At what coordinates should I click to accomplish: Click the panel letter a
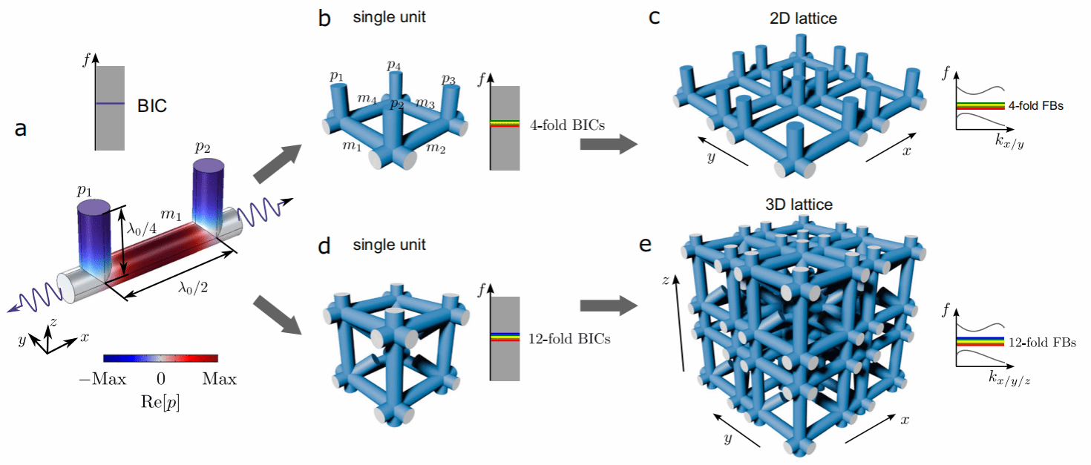tap(21, 128)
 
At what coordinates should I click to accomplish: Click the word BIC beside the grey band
tap(152, 105)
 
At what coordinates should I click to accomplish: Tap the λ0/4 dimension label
tap(142, 228)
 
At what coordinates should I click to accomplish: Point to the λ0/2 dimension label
tap(193, 288)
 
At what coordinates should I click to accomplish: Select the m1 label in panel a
tap(171, 214)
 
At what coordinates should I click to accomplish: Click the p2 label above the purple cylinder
tap(202, 148)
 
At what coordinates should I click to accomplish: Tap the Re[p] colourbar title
tap(160, 402)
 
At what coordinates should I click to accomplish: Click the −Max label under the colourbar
tap(102, 379)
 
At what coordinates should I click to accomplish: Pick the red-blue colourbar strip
tap(161, 358)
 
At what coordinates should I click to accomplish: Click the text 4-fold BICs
tap(568, 125)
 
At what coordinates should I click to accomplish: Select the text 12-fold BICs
tap(569, 338)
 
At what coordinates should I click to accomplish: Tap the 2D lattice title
tap(803, 19)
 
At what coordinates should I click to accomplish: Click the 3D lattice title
tap(799, 205)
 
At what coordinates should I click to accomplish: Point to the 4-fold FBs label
tap(1035, 105)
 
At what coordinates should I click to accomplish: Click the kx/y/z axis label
tap(1009, 377)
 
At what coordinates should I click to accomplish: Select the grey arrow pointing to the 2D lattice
tap(609, 144)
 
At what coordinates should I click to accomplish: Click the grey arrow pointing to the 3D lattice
tap(609, 306)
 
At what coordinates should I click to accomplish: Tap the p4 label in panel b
tap(394, 65)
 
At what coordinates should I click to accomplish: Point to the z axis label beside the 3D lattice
tap(666, 280)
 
